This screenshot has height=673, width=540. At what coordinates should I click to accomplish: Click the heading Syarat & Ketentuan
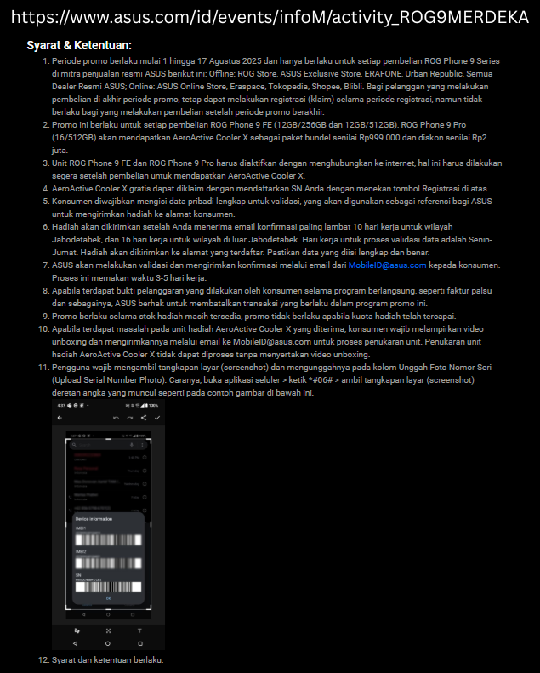(x=79, y=45)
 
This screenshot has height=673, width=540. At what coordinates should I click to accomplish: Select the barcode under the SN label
(x=106, y=586)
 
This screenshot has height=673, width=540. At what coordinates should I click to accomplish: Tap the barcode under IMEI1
(x=106, y=539)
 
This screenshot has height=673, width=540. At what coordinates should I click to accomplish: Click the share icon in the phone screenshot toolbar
(x=143, y=419)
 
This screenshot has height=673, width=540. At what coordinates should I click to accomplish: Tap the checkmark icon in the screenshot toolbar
(x=156, y=419)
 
